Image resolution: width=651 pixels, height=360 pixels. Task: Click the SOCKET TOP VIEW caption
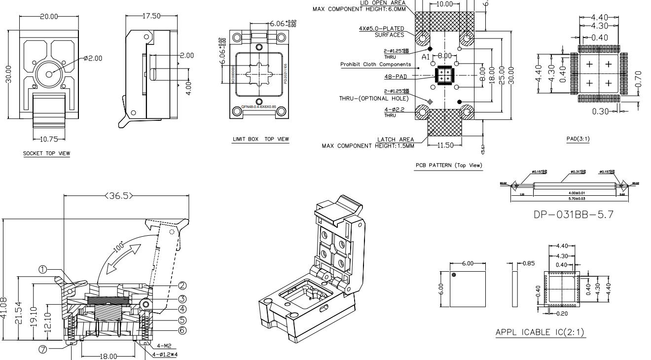click(46, 153)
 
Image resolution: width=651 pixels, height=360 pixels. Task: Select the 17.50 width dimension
click(151, 16)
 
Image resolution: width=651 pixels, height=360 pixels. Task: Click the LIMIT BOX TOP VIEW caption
click(260, 139)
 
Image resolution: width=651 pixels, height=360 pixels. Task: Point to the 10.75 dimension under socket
click(49, 140)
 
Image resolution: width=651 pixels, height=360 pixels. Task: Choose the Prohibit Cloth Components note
click(376, 65)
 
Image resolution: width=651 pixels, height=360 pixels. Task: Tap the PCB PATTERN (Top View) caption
click(449, 165)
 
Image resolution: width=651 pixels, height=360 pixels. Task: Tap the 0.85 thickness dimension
click(528, 263)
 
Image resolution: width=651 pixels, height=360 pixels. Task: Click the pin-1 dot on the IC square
click(454, 275)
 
